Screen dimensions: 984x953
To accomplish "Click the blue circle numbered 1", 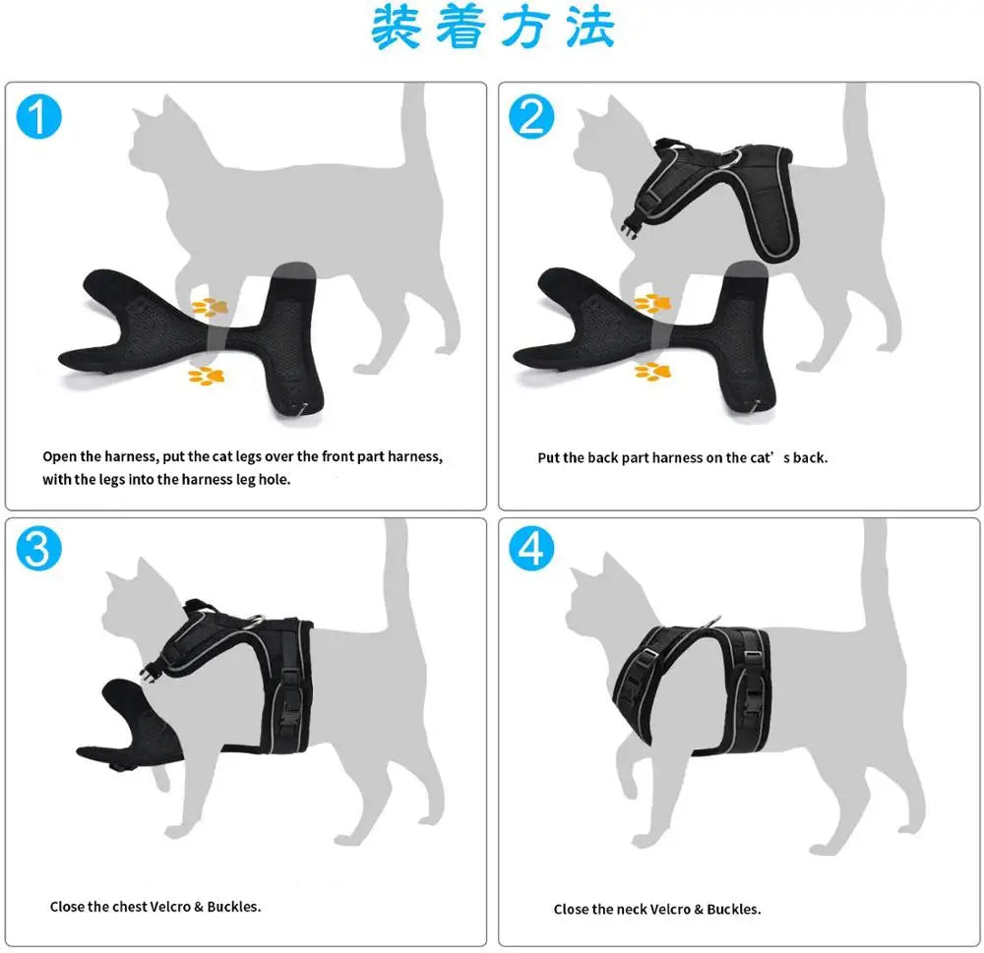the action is (x=39, y=116).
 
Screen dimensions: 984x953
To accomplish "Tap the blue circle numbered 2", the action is (x=531, y=116).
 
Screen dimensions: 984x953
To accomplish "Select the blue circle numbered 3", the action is (x=39, y=549).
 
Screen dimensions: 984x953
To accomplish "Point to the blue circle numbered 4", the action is (x=531, y=549).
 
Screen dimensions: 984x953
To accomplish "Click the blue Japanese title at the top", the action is (x=493, y=27).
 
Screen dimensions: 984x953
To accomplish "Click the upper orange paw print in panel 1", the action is (x=211, y=307).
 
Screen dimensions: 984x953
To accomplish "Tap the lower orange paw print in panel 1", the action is (x=207, y=375).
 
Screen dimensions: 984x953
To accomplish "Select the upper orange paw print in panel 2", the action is (x=652, y=303).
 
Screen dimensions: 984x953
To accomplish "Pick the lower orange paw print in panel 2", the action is (x=652, y=372).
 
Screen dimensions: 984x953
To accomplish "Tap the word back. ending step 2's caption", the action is (x=810, y=458).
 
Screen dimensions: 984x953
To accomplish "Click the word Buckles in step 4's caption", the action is (x=734, y=909).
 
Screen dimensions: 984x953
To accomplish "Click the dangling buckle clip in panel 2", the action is (x=631, y=227).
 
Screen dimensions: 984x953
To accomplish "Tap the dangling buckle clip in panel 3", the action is (x=155, y=672).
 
